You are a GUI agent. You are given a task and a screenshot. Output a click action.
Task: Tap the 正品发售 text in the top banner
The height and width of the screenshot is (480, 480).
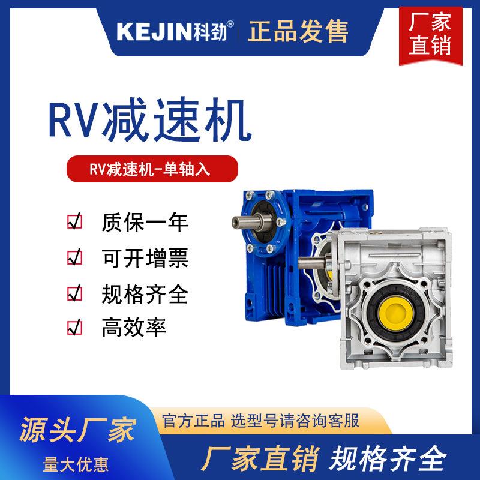click(298, 29)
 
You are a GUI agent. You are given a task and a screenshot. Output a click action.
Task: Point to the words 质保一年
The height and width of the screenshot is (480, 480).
click(145, 223)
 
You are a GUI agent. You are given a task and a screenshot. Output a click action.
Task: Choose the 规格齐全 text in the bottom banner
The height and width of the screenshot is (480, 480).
click(389, 458)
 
